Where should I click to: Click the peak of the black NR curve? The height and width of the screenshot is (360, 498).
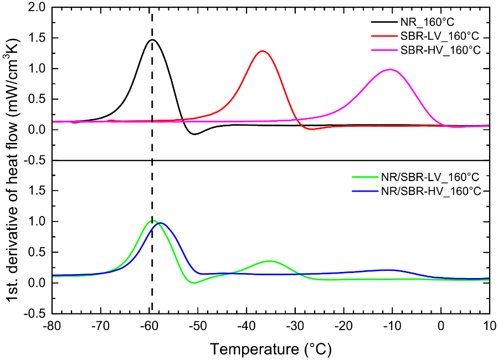point(152,40)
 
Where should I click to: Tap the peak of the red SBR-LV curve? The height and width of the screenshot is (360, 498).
point(263,51)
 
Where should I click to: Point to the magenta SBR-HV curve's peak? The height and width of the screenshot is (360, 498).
point(390,69)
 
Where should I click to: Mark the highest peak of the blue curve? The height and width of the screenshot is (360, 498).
point(161,223)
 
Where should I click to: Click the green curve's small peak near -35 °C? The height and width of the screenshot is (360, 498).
point(269,261)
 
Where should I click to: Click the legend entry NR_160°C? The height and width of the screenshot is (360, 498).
point(427,22)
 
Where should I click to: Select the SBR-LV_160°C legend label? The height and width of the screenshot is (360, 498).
point(440,36)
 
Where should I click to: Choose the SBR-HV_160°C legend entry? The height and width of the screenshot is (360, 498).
point(440,50)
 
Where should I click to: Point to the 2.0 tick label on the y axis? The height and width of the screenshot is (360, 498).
point(39,7)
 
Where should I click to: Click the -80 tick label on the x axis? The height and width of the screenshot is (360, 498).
point(52,326)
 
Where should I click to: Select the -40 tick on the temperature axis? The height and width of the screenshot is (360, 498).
point(247,326)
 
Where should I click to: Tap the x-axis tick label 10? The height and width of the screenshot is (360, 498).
point(490,326)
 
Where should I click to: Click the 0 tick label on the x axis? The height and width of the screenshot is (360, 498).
point(441,326)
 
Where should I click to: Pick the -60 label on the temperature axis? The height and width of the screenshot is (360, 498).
point(149,326)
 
